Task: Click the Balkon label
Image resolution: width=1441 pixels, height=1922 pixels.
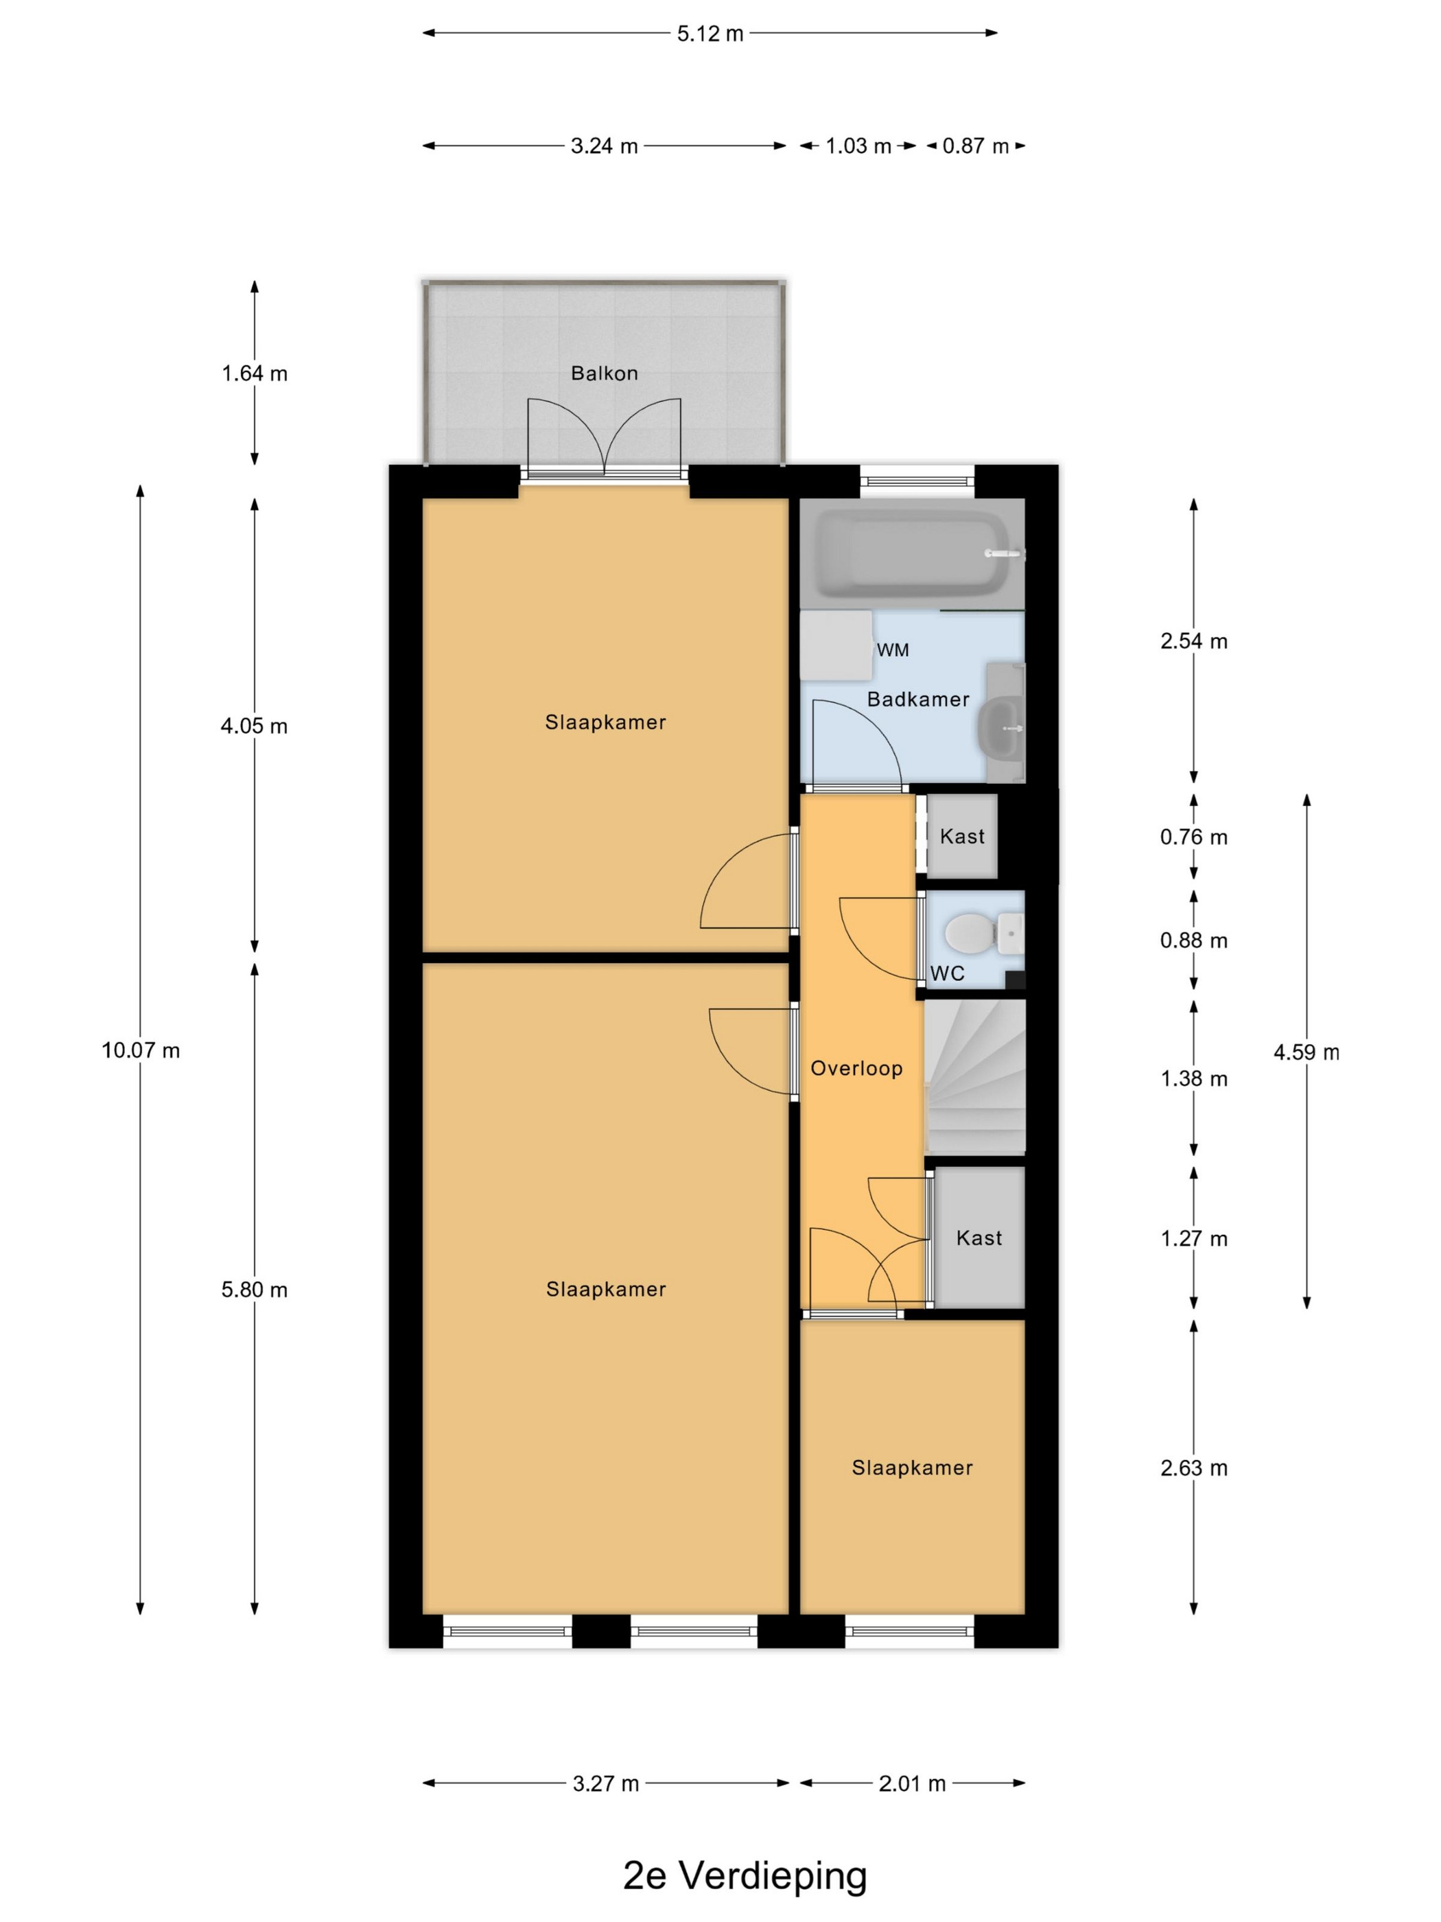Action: pyautogui.click(x=604, y=373)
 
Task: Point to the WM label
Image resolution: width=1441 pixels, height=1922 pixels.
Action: pyautogui.click(x=893, y=650)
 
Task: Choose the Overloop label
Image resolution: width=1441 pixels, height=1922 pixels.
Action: pyautogui.click(x=856, y=1068)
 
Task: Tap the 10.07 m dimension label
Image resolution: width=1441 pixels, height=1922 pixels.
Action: pyautogui.click(x=141, y=1050)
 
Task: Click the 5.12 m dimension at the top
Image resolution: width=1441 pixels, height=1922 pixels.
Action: pyautogui.click(x=710, y=34)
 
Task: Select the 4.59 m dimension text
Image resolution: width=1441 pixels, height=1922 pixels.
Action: pyautogui.click(x=1307, y=1052)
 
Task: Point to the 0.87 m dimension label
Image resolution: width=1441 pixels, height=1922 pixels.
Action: pyautogui.click(x=976, y=146)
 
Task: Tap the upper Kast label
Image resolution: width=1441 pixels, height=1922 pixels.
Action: pyautogui.click(x=963, y=836)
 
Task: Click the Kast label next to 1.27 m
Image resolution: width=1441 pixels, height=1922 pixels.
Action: pyautogui.click(x=979, y=1238)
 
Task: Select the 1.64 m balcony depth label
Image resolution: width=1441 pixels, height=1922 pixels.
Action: pyautogui.click(x=255, y=373)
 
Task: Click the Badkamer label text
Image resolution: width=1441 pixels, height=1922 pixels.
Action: pyautogui.click(x=918, y=699)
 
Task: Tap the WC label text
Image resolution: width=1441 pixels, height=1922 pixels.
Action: pyautogui.click(x=948, y=973)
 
